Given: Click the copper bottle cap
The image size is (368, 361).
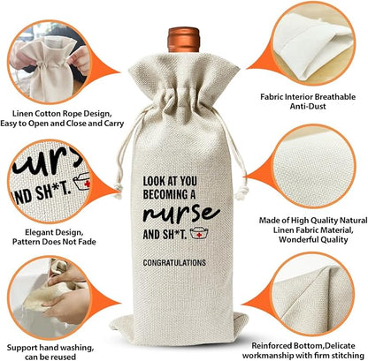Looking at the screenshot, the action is pos(184,40).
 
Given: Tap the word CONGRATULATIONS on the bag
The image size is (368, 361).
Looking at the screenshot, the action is pos(174,262).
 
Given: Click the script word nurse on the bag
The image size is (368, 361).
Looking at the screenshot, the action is pos(181,214).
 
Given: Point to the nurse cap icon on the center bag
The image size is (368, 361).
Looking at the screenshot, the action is pos(199,233).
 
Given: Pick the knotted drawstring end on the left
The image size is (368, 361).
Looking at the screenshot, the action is pos(118,191).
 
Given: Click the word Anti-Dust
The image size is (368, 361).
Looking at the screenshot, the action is pos(308,106).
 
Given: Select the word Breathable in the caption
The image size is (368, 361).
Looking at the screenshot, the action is pos(335,97).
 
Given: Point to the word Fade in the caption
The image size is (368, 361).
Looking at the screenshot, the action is pos(88,242).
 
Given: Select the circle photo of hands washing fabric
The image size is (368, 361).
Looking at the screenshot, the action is pos(50,298).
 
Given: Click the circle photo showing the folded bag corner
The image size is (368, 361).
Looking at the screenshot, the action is pos(314,295).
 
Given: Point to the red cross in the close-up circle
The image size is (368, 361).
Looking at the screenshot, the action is pos(87,184).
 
